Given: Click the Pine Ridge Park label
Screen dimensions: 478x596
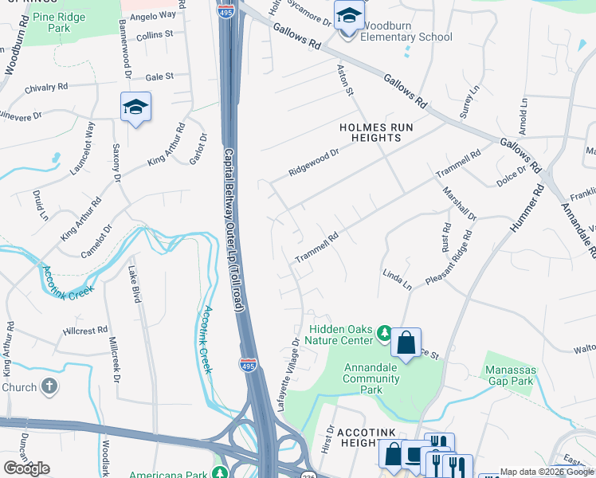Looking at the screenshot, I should [58, 22].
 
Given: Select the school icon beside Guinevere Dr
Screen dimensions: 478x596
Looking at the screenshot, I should [135, 107].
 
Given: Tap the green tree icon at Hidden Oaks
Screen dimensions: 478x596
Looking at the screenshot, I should [383, 332].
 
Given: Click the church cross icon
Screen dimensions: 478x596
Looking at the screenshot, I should [49, 387].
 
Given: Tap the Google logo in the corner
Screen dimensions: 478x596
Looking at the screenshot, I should [26, 468].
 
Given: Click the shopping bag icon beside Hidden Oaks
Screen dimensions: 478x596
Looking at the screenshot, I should [406, 343].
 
